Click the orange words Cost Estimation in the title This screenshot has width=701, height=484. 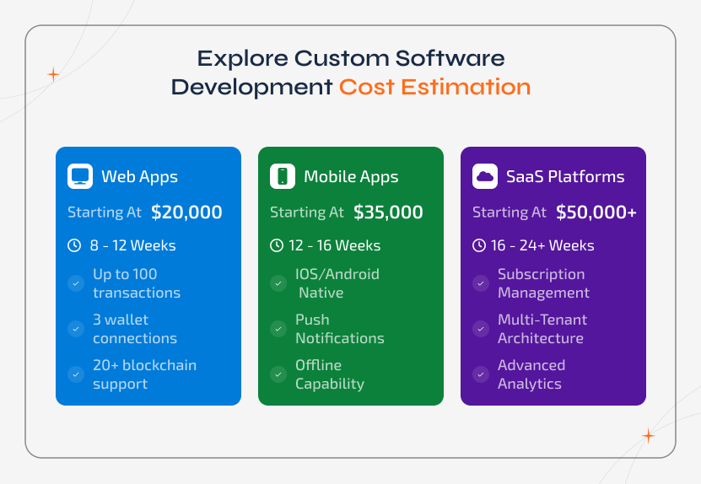click(x=434, y=87)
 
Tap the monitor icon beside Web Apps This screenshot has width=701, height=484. click(x=80, y=176)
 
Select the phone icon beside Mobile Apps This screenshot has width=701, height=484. click(x=283, y=176)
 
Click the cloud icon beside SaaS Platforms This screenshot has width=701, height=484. click(x=485, y=176)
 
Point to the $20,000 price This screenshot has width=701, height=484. click(x=186, y=212)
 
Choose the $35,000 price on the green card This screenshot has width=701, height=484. click(x=388, y=212)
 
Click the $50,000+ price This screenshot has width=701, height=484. click(x=596, y=212)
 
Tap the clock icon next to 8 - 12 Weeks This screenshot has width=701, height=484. click(x=74, y=245)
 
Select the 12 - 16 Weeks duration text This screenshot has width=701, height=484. click(x=335, y=245)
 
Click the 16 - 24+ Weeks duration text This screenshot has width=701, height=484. click(x=542, y=245)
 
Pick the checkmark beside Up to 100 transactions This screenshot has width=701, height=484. click(x=76, y=283)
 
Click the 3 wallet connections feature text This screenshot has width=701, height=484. click(x=135, y=329)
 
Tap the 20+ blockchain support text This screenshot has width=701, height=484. click(x=144, y=374)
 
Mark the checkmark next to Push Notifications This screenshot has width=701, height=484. click(x=278, y=329)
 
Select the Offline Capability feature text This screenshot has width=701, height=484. click(x=329, y=374)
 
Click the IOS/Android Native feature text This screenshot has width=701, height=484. click(x=337, y=283)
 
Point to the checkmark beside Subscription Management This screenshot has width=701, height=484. click(x=481, y=283)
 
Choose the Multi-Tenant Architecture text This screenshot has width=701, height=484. click(x=542, y=329)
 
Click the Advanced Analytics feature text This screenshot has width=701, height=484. click(x=531, y=374)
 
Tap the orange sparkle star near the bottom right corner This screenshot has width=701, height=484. click(x=648, y=436)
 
